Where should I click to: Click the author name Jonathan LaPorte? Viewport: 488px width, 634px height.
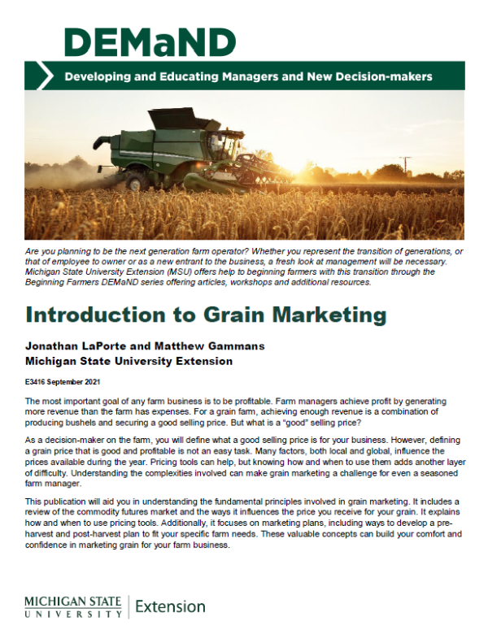[72, 345]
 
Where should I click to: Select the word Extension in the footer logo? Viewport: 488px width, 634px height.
[170, 606]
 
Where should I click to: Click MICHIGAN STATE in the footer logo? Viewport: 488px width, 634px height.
[73, 601]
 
